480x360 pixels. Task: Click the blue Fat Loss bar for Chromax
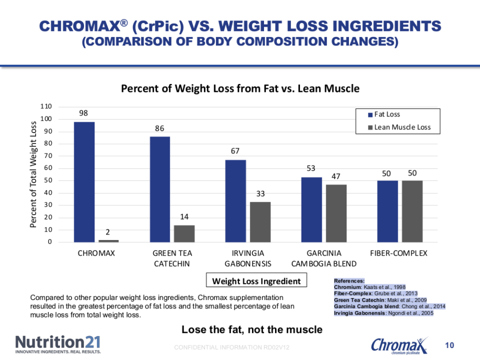[84, 182]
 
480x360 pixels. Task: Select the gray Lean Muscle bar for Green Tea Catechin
[184, 234]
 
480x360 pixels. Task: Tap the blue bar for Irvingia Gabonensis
[235, 201]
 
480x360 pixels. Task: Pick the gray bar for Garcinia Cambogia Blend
[336, 213]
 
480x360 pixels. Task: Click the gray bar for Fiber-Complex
[412, 211]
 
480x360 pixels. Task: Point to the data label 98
[83, 113]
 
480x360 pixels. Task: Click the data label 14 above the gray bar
[184, 216]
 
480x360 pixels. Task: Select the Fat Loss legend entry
[384, 114]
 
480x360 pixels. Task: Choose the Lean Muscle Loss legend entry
[399, 127]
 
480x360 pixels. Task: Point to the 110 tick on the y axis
[46, 106]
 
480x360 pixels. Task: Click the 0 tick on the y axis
[50, 242]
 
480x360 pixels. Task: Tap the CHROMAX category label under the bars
[96, 253]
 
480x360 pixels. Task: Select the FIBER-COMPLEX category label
[398, 253]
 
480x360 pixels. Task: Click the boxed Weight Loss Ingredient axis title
[256, 280]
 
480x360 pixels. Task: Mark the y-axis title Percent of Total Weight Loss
[33, 174]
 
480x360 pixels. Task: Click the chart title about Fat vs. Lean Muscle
[240, 88]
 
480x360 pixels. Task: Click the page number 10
[449, 345]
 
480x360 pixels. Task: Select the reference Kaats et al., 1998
[384, 287]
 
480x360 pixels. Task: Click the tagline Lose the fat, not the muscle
[252, 329]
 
